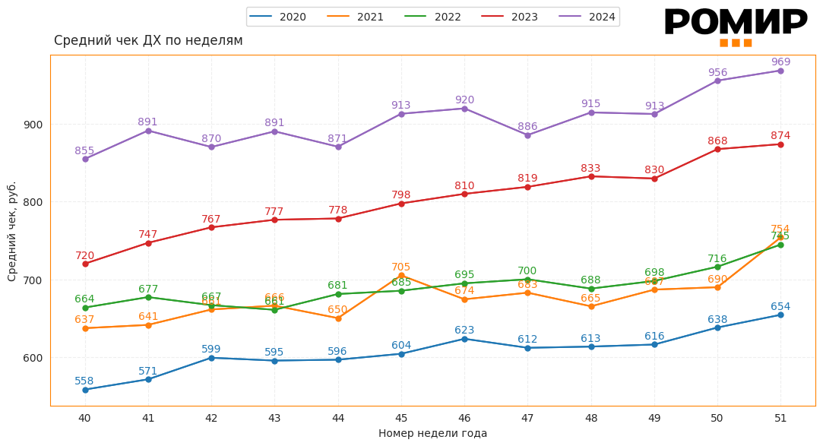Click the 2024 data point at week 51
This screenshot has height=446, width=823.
point(780,71)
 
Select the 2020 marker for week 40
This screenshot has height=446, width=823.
point(85,390)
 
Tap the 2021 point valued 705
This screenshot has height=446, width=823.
point(401,275)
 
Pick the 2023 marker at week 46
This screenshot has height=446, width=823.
point(464,194)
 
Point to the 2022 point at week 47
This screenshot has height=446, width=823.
point(527,280)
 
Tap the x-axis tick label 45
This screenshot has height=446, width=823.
point(401,418)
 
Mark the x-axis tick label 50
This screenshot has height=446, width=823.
point(717,418)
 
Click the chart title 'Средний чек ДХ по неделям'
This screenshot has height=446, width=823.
point(148,40)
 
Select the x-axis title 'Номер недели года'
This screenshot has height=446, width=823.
point(432,434)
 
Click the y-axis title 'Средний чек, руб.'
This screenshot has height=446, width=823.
point(12,231)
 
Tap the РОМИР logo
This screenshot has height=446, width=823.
point(735,24)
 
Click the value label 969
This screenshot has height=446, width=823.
point(780,62)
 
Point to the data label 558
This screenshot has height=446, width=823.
point(84,381)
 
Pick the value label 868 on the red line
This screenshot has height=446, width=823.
point(717,141)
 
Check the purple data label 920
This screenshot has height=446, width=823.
point(464,100)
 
